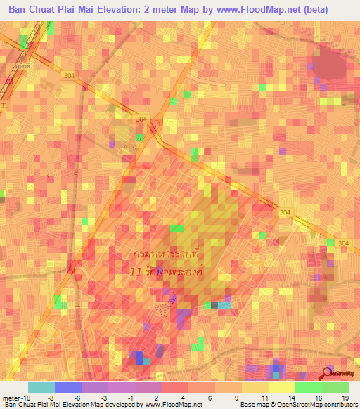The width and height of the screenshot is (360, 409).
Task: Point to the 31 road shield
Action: coord(5,105)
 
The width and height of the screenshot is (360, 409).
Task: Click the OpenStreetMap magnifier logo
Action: coord(328,372)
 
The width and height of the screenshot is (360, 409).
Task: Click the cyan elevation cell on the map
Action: coord(224,305)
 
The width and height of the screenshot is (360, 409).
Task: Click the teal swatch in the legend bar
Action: coord(41,387)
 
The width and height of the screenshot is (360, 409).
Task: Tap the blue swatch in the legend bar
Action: coord(67,387)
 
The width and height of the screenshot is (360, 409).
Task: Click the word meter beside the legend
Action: coord(12,398)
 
